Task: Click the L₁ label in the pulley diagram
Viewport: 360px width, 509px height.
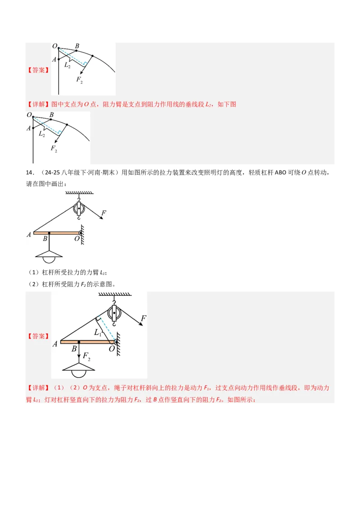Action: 98,333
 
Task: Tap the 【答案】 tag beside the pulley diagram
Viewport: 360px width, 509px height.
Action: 38,336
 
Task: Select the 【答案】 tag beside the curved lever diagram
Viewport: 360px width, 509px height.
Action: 38,70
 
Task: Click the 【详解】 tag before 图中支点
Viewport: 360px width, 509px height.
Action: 38,104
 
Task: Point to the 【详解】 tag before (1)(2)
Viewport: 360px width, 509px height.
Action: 38,388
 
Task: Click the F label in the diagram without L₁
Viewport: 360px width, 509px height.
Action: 104,213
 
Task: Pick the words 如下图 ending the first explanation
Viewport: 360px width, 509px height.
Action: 227,104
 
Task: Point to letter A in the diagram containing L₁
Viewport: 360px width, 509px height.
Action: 55,344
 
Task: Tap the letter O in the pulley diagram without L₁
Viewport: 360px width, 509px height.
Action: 77,239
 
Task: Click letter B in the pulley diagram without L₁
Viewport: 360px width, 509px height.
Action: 45,239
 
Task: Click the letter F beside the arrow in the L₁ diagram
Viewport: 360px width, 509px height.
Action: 143,319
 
